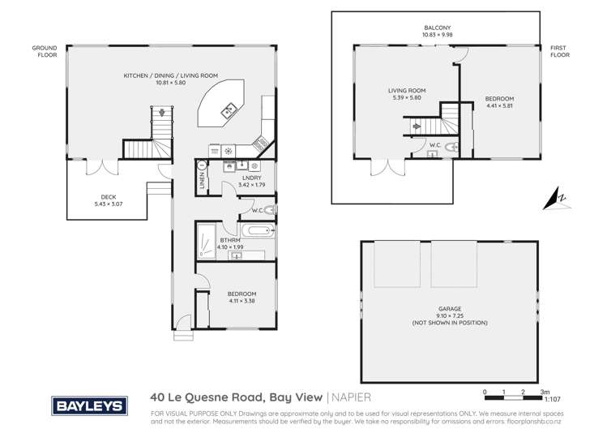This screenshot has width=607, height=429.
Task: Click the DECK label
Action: (108, 195)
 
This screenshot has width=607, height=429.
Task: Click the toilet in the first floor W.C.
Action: (452, 147)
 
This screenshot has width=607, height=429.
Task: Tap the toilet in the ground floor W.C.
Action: (270, 211)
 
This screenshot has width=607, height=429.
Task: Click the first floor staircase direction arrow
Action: (417, 126)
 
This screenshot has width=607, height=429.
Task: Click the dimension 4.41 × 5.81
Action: (499, 105)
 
